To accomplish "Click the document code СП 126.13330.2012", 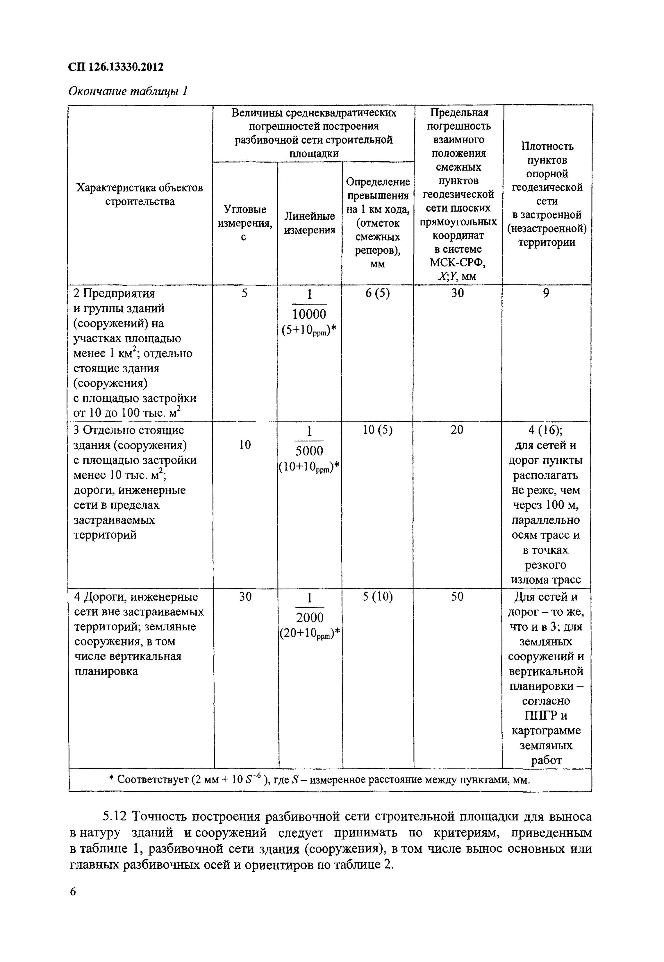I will (116, 67).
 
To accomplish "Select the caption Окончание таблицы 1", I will (128, 91).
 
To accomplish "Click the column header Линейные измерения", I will (310, 223).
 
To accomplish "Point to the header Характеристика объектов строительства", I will (140, 195).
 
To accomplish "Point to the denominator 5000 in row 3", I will (309, 451).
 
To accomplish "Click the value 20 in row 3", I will (457, 430).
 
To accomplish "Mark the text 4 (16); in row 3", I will (546, 430).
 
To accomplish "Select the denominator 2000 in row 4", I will (310, 618).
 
